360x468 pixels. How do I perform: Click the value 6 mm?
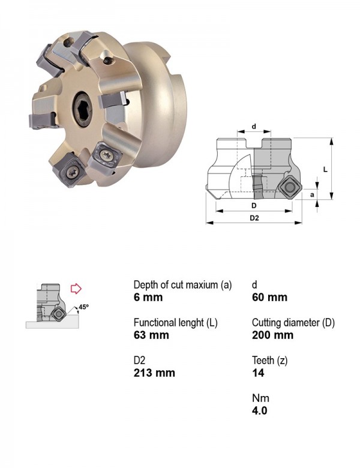148,297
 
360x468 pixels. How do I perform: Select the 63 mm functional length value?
151,335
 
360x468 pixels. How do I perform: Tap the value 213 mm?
154,373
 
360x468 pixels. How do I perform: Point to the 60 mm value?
269,297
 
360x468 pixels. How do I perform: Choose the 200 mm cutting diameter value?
272,335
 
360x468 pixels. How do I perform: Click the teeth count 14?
258,373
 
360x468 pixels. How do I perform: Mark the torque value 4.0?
259,410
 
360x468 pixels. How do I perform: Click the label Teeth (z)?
269,361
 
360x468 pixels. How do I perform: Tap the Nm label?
260,398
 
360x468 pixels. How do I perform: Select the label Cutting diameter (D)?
293,323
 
